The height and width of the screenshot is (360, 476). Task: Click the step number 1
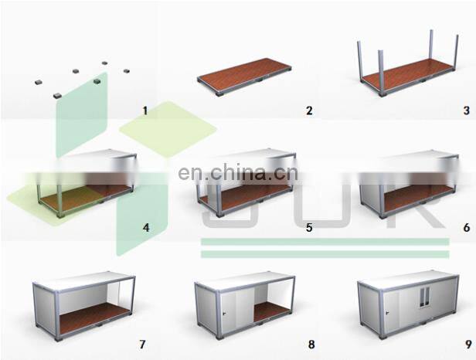point(145,110)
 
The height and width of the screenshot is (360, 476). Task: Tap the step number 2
point(309,110)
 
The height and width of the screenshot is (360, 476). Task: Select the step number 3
point(467,110)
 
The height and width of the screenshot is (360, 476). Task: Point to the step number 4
point(146,227)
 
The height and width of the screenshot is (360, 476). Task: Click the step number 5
point(309,227)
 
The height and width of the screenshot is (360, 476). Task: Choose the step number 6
point(467,227)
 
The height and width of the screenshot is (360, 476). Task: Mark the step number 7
point(142,345)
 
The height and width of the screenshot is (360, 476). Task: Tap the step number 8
point(311,345)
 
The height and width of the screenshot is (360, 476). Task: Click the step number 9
point(468,345)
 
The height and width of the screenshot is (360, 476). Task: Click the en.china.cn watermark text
point(238,173)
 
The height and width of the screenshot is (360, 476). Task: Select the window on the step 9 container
point(425,296)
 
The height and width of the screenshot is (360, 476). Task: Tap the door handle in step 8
point(224,313)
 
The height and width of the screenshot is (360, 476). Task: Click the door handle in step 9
point(387,312)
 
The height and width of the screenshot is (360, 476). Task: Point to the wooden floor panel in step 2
point(244,74)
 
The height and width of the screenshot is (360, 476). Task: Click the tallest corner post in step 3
point(431,46)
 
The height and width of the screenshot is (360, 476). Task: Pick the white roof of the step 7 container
point(83,280)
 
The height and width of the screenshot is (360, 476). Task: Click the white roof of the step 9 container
point(408,279)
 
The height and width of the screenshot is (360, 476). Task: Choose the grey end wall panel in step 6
point(369,194)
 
